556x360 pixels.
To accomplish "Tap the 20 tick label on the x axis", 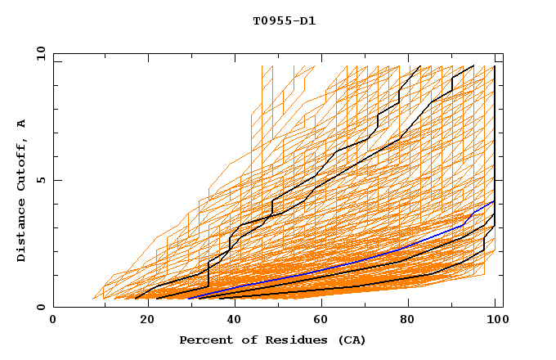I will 142,320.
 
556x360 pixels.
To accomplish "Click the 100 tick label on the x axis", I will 495,320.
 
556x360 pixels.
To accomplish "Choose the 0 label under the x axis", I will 54,320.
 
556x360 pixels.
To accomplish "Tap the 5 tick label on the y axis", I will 41,180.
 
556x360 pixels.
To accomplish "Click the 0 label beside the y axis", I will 41,308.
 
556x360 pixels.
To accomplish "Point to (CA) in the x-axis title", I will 350,340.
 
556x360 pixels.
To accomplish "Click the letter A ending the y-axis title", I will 22,123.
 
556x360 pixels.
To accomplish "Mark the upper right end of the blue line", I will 494,200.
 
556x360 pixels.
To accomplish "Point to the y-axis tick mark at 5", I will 56,180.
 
